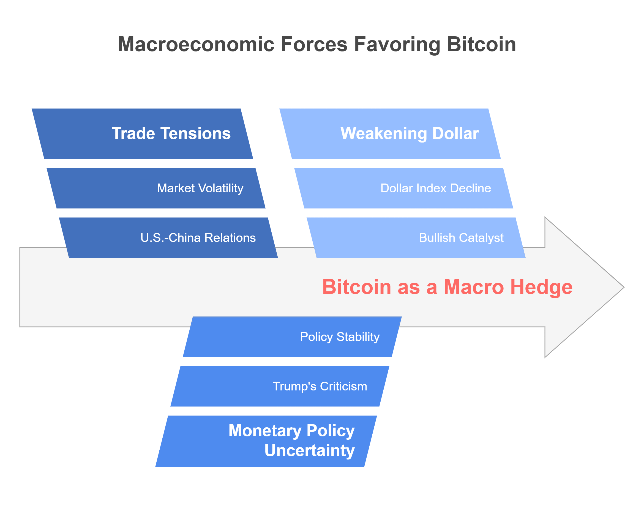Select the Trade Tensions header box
pos(142,134)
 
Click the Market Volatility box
pos(156,188)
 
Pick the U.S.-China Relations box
pos(168,238)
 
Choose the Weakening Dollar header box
pos(390,134)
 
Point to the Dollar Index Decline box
pos(404,188)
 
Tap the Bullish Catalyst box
pos(416,238)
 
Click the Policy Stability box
pos(292,337)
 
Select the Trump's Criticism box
pos(280,386)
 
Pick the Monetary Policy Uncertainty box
pos(266,441)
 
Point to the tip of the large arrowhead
pos(624,287)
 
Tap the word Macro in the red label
pos(474,287)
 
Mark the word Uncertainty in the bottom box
pos(309,451)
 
